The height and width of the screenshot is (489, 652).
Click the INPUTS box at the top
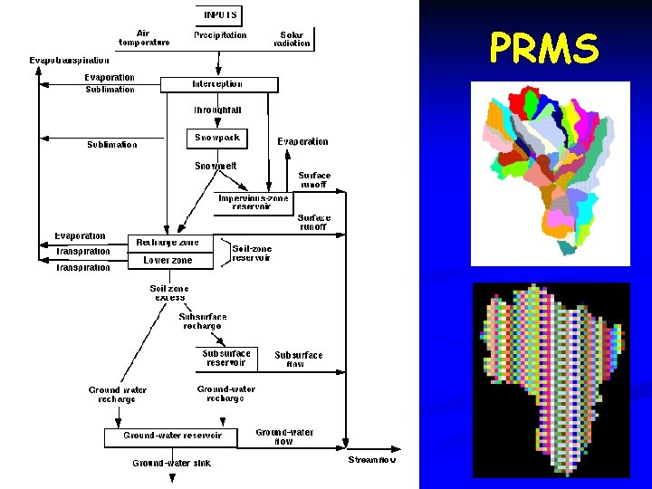(220, 14)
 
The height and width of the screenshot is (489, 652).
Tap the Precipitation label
(220, 35)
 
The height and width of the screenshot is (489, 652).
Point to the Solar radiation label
(292, 39)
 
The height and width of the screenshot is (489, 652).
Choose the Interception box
(217, 84)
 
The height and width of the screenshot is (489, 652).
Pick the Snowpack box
(217, 139)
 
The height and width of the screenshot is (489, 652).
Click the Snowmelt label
(216, 166)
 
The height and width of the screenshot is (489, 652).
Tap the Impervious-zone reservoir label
(252, 202)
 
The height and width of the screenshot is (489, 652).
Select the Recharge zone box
(168, 243)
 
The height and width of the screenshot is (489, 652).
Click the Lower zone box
(168, 260)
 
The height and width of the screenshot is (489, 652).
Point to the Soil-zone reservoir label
(252, 253)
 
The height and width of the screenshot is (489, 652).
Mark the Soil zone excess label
(170, 292)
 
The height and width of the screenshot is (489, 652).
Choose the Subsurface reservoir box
(225, 359)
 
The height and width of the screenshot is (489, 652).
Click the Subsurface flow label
(298, 360)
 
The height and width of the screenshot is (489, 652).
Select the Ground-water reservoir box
(172, 436)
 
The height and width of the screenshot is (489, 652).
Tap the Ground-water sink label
(170, 463)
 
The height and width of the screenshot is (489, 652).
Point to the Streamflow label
(373, 461)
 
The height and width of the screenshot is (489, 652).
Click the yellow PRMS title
(543, 48)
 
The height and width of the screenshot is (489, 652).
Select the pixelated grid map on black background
(551, 380)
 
